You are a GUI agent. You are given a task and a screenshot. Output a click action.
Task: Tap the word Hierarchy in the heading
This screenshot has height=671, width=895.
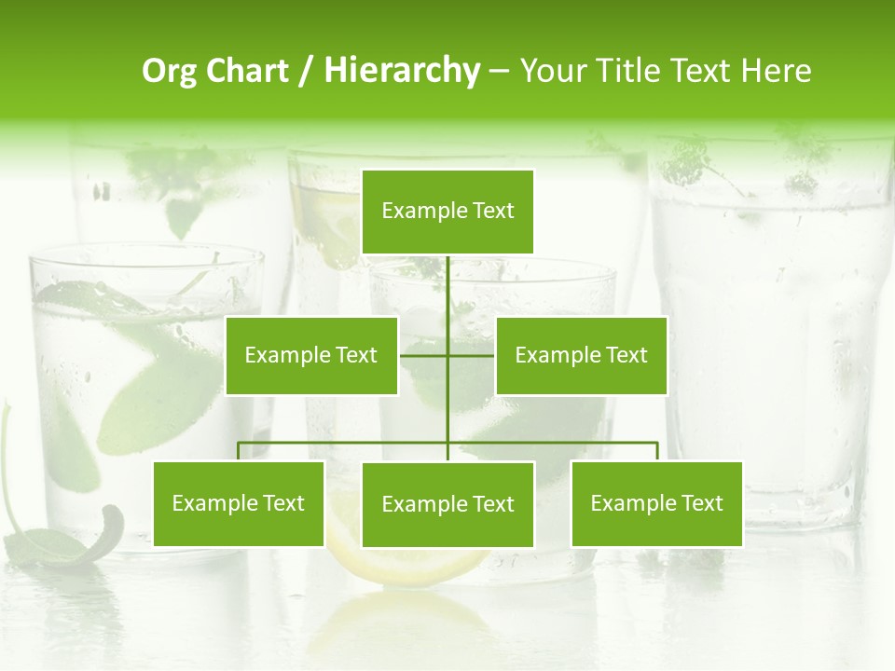point(401,71)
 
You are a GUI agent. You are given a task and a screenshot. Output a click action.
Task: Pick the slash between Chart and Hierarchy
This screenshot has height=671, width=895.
point(305,72)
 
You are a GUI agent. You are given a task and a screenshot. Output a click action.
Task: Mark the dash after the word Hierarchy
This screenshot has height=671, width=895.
point(499,72)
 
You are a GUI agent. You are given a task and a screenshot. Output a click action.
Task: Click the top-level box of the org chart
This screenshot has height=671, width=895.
point(447,212)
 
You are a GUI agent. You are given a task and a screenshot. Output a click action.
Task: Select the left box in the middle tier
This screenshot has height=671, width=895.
point(311,355)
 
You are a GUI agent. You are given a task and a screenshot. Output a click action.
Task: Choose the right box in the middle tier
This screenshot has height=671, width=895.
point(581,355)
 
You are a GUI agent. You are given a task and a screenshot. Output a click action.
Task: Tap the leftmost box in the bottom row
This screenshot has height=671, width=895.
point(238,503)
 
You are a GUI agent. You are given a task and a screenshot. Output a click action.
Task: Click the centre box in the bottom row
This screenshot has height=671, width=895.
point(447,504)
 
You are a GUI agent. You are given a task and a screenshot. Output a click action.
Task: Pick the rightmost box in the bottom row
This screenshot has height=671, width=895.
point(656,503)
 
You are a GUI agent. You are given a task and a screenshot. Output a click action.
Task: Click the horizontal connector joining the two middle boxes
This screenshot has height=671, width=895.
point(424,355)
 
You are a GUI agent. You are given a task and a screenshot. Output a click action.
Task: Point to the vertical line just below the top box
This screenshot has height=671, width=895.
point(447,280)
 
